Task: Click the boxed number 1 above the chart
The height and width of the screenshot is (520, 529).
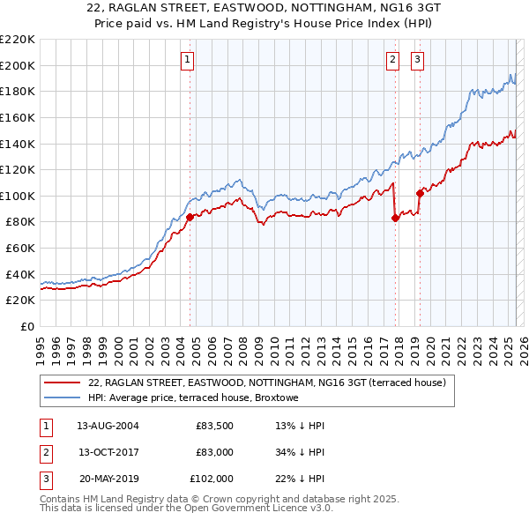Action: [189, 60]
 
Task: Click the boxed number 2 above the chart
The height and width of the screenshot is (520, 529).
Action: [391, 60]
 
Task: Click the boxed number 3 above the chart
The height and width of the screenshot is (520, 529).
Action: [417, 60]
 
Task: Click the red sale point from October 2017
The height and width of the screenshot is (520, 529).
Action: [395, 218]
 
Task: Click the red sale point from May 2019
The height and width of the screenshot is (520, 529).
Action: [420, 193]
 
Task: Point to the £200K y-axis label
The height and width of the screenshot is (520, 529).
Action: [18, 65]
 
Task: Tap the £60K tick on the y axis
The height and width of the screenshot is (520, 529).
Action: [20, 249]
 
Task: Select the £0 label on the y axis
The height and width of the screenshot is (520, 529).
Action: [27, 326]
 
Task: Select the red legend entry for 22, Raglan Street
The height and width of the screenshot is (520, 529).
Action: [267, 383]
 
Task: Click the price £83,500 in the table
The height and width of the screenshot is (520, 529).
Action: [214, 426]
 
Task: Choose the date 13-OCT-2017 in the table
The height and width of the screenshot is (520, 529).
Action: [108, 452]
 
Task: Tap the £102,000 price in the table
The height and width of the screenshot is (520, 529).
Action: [212, 479]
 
